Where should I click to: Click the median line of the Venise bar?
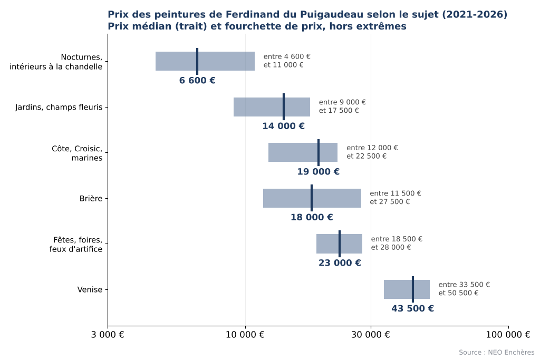point(412,289)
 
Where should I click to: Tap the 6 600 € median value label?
point(197,81)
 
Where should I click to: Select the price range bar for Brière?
point(312,198)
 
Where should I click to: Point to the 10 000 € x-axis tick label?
point(245,335)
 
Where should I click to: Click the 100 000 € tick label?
point(508,335)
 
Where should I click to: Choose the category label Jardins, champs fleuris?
point(59,107)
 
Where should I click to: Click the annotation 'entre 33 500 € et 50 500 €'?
point(464,289)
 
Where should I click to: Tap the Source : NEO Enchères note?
point(497,353)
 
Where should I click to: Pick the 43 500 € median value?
point(412,308)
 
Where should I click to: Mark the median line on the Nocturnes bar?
point(197,61)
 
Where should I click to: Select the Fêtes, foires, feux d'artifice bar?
point(339,244)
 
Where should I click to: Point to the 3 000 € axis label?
point(108,335)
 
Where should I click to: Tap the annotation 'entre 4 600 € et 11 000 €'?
point(287,61)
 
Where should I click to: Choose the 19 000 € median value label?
point(318,172)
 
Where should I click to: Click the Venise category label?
point(90,289)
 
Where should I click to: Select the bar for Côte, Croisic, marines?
point(303,152)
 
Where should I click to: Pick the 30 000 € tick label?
point(371,335)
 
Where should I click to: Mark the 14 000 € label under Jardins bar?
point(283,126)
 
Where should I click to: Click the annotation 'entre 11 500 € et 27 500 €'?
point(396,198)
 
